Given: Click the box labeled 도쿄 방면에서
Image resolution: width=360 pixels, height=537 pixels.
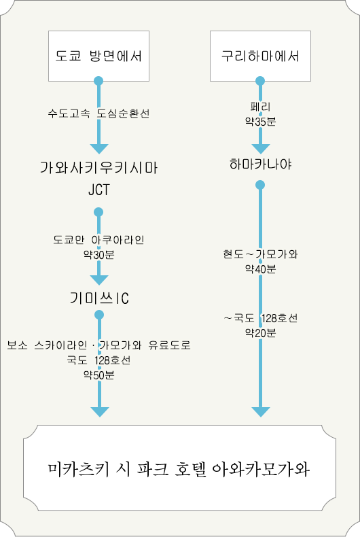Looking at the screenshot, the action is click(98, 56).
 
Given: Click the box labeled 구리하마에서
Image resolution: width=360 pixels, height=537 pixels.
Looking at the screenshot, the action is click(260, 56).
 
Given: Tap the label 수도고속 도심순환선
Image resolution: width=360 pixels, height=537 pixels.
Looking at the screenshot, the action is click(98, 114).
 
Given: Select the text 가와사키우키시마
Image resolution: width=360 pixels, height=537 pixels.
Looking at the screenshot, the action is click(98, 168).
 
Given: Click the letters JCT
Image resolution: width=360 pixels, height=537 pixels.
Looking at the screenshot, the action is click(99, 190).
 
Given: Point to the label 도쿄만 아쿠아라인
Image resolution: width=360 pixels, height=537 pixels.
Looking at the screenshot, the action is click(98, 240).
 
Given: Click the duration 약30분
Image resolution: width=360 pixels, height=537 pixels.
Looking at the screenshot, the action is click(99, 254).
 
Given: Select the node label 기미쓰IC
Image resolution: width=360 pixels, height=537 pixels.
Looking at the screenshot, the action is click(99, 298).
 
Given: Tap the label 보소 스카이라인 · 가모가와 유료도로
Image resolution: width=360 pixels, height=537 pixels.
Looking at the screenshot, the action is click(99, 345).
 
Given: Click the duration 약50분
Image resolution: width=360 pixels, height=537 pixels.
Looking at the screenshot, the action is click(99, 375).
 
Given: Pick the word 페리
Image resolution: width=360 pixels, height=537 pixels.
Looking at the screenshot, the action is click(260, 107).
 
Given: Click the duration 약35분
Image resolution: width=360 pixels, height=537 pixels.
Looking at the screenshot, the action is click(260, 122).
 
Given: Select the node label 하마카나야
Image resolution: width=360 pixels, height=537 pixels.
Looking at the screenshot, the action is click(260, 164).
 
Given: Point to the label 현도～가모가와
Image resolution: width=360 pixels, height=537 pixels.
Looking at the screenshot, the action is click(260, 254).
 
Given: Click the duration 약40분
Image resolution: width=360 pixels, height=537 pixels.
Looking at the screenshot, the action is click(260, 269).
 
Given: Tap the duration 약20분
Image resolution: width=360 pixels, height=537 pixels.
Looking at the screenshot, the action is click(260, 332).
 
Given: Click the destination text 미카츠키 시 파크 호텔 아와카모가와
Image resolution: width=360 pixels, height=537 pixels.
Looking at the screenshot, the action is click(179, 469).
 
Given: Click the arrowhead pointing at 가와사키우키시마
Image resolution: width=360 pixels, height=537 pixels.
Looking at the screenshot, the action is click(99, 149).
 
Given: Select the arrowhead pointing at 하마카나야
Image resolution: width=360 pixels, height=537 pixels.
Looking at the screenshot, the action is click(261, 149).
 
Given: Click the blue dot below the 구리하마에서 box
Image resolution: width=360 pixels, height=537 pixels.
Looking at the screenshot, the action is click(260, 81).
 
